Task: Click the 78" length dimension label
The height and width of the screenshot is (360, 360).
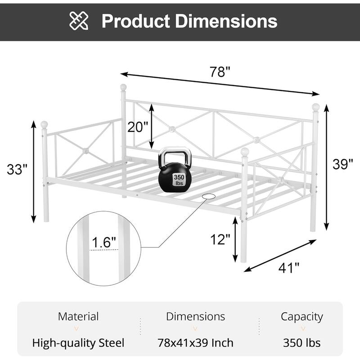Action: pyautogui.click(x=220, y=72)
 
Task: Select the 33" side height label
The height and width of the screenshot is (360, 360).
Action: pyautogui.click(x=18, y=170)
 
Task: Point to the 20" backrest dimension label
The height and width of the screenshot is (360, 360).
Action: pyautogui.click(x=137, y=127)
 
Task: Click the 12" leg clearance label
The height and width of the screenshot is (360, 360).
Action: pyautogui.click(x=220, y=239)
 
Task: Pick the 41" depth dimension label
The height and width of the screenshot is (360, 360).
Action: pyautogui.click(x=288, y=268)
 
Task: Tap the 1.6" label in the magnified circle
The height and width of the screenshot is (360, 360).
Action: pyautogui.click(x=104, y=243)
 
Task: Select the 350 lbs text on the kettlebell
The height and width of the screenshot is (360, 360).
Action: pyautogui.click(x=179, y=180)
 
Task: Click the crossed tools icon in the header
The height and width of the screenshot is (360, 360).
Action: pyautogui.click(x=79, y=21)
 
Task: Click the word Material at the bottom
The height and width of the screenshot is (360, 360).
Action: pyautogui.click(x=78, y=316)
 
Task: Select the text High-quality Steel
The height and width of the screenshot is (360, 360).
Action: pyautogui.click(x=78, y=343)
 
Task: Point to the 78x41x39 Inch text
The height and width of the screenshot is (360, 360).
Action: pyautogui.click(x=195, y=343)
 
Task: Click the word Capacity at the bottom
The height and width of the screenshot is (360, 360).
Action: pyautogui.click(x=302, y=316)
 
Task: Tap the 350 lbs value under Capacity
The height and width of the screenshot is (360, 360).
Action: pyautogui.click(x=302, y=343)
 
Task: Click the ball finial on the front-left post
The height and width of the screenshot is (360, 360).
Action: pyautogui.click(x=44, y=124)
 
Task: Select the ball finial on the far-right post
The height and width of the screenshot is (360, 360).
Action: pyautogui.click(x=316, y=107)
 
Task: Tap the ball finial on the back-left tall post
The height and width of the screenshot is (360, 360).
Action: pyautogui.click(x=123, y=87)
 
